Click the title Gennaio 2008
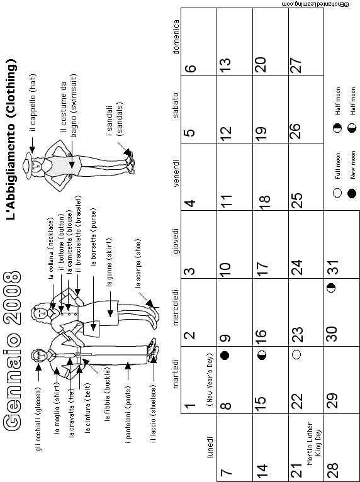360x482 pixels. (x=13, y=351)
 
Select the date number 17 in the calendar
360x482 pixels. (x=262, y=269)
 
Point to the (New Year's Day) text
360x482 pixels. (x=210, y=380)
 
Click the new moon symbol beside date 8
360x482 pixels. (x=225, y=356)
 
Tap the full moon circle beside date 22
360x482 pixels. (x=296, y=355)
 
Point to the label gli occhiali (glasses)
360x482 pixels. (x=38, y=419)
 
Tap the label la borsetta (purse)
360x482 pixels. (x=93, y=237)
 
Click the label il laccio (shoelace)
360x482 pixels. (x=153, y=414)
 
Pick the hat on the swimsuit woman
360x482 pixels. (x=30, y=166)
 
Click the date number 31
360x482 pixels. (x=334, y=267)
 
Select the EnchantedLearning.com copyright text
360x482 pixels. (x=315, y=4)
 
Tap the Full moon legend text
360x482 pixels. (x=338, y=166)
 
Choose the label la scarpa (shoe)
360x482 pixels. (x=138, y=263)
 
